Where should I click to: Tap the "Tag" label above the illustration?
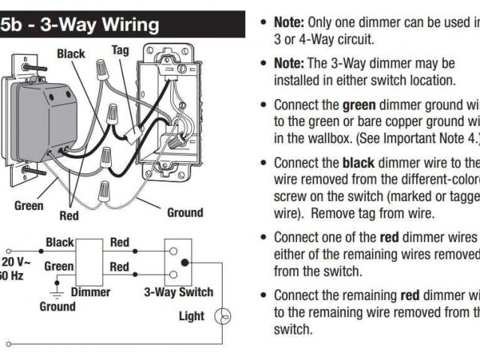pyautogui.click(x=121, y=50)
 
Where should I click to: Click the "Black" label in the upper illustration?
pyautogui.click(x=71, y=54)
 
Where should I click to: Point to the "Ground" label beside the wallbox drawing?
pyautogui.click(x=184, y=212)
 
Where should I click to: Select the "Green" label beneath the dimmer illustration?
pyautogui.click(x=28, y=205)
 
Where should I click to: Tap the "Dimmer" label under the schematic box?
pyautogui.click(x=91, y=292)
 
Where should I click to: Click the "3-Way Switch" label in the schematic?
pyautogui.click(x=178, y=292)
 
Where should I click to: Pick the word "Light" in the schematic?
pyautogui.click(x=191, y=316)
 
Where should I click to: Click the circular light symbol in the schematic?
pyautogui.click(x=223, y=316)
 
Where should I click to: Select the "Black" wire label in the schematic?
pyautogui.click(x=60, y=242)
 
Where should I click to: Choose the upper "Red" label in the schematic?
pyautogui.click(x=119, y=242)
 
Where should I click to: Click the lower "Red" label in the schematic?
pyautogui.click(x=119, y=266)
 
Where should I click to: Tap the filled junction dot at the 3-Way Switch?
pyautogui.click(x=184, y=262)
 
